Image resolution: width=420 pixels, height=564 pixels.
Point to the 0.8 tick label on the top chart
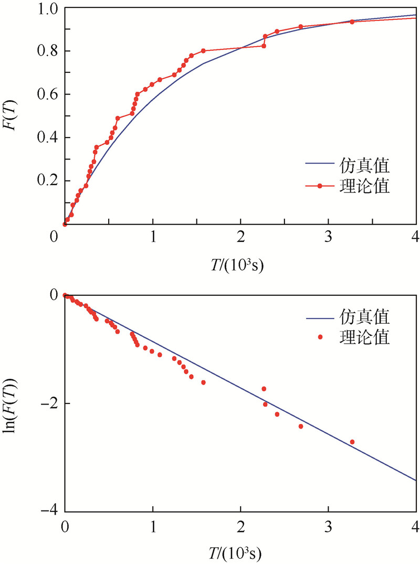coord(48,51)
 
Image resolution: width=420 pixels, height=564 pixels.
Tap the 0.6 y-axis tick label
coord(48,94)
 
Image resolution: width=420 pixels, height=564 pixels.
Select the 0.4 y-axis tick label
coord(48,138)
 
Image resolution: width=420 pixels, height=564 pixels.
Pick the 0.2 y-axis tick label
coord(48,181)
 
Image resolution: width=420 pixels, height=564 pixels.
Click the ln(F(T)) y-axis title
coord(15,403)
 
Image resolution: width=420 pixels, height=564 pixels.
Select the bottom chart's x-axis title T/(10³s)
coord(240,552)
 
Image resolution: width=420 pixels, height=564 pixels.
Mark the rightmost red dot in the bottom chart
coord(352,442)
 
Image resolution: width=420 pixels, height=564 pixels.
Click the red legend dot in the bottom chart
coord(320,337)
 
